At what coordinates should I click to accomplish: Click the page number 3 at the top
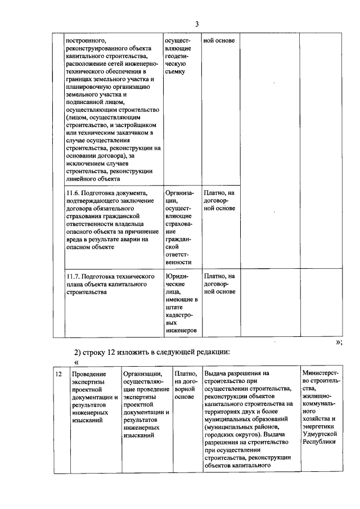[197, 24]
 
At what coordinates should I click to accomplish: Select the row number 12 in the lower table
[58, 373]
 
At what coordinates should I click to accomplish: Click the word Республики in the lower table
[319, 442]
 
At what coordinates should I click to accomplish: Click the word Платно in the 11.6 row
[216, 193]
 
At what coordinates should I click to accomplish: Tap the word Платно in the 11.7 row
[216, 276]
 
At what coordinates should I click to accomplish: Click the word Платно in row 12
[185, 373]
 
